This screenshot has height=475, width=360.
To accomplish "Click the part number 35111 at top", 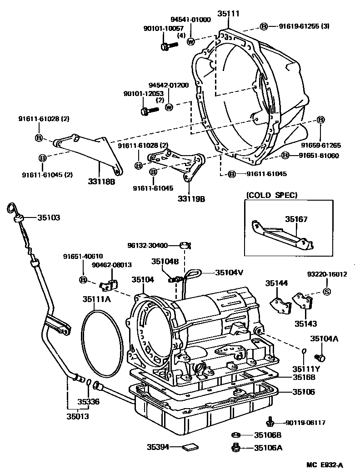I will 228,14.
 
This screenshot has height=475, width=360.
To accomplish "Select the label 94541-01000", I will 190,20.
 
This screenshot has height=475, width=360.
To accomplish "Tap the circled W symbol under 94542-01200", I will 169,107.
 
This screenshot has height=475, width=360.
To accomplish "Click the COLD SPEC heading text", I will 272,195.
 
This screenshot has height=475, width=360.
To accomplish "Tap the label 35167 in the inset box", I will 296,219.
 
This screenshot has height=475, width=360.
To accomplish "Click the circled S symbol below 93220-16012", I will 326,292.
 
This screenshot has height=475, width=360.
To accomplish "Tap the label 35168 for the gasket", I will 304,377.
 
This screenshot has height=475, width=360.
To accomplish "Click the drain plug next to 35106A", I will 236,448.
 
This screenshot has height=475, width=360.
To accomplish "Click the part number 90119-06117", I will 305,423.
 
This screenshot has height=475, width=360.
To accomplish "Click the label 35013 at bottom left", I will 77,416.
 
